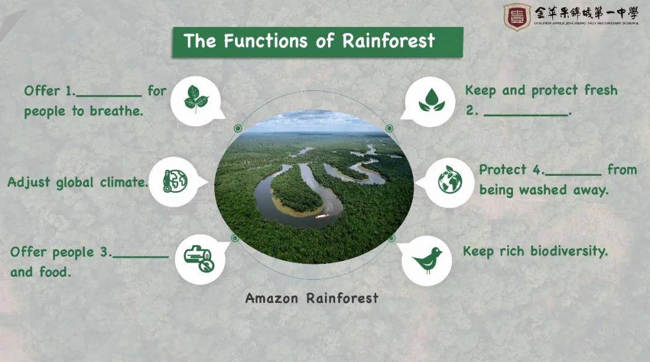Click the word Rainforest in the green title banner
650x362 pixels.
[388, 40]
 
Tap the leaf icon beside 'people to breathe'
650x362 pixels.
[196, 99]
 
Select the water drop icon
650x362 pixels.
[432, 100]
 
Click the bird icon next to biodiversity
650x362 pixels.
[427, 261]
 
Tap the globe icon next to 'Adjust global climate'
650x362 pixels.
[175, 181]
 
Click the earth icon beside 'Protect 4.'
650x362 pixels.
[450, 180]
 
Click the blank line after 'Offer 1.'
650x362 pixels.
[108, 96]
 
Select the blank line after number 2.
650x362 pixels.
[525, 115]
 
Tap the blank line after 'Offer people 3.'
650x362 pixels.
[140, 257]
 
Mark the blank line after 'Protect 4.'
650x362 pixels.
[573, 175]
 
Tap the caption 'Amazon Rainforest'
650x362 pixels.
[312, 298]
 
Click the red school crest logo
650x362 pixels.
[517, 17]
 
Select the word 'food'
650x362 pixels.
[55, 272]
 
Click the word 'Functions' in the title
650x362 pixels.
[265, 40]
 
